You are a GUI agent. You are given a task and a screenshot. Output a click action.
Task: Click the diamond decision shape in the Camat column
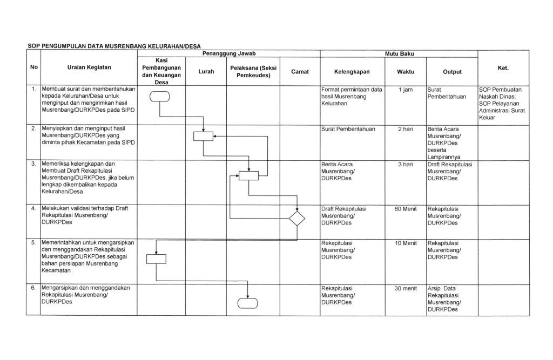[297, 219]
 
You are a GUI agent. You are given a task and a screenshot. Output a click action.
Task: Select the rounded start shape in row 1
[160, 97]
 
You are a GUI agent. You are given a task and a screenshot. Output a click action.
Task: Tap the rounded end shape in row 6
[248, 303]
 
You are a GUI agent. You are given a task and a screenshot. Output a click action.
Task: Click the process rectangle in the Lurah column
[204, 136]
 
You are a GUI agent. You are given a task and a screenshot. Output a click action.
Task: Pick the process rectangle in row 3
[248, 175]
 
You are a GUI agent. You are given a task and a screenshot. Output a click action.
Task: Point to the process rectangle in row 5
[156, 259]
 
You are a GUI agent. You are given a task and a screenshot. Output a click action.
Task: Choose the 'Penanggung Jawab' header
[228, 55]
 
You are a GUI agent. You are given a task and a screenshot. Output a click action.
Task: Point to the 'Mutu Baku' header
[399, 55]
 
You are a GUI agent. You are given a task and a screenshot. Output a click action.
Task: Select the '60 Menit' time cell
[406, 208]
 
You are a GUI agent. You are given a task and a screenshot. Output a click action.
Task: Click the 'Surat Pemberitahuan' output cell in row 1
[446, 93]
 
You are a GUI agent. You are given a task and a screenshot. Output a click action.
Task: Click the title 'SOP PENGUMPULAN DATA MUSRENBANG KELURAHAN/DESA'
[114, 47]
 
